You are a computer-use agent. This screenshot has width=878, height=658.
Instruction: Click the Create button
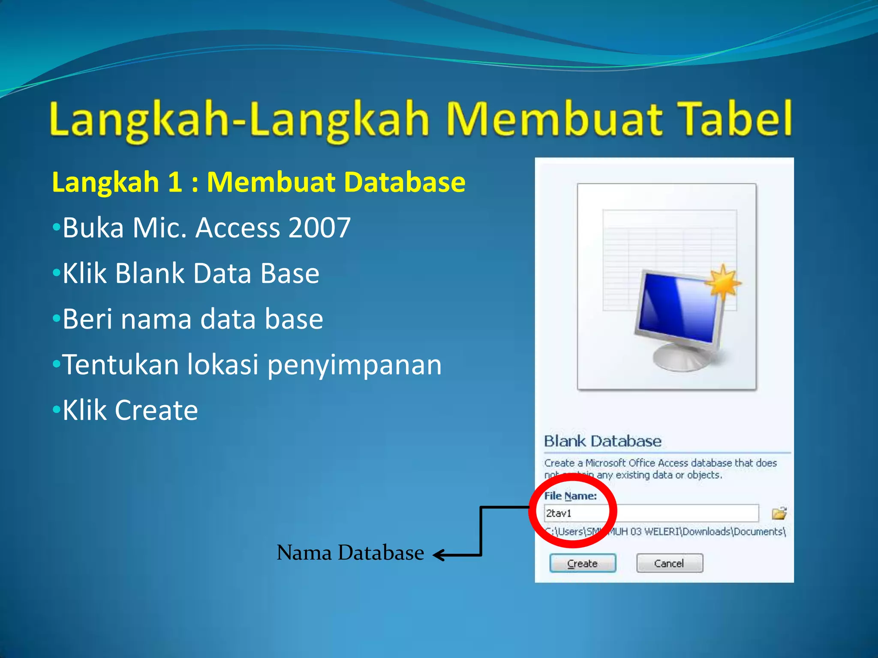click(x=583, y=563)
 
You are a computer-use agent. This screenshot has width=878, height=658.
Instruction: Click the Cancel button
click(x=669, y=563)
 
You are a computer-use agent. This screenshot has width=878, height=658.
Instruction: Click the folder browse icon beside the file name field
click(x=779, y=513)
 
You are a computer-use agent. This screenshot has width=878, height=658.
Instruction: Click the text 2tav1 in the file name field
click(x=559, y=513)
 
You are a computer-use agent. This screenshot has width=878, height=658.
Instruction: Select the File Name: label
click(x=570, y=496)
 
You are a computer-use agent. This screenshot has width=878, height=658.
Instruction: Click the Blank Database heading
click(x=602, y=441)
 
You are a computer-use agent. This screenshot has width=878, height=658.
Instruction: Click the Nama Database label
click(x=350, y=553)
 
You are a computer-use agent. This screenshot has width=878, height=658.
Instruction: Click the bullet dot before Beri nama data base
click(x=56, y=319)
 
